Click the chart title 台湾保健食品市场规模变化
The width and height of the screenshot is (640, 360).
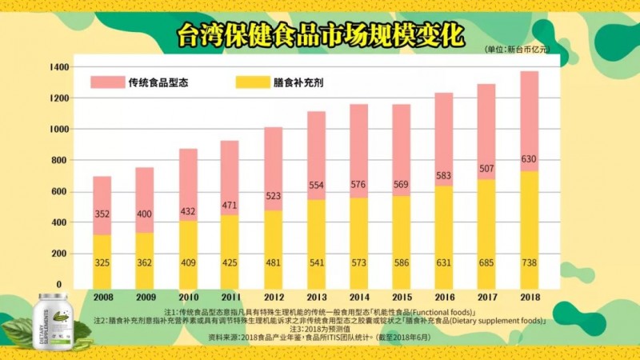[x=320, y=34]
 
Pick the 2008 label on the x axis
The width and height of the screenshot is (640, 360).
[x=102, y=297]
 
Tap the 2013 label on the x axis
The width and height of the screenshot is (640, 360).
[x=315, y=297]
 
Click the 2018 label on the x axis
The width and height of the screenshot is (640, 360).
[x=529, y=297]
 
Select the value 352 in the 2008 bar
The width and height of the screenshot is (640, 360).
[x=102, y=214]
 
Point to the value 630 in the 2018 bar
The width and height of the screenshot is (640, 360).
[x=529, y=158]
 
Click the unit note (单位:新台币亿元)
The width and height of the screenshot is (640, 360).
[x=518, y=50]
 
